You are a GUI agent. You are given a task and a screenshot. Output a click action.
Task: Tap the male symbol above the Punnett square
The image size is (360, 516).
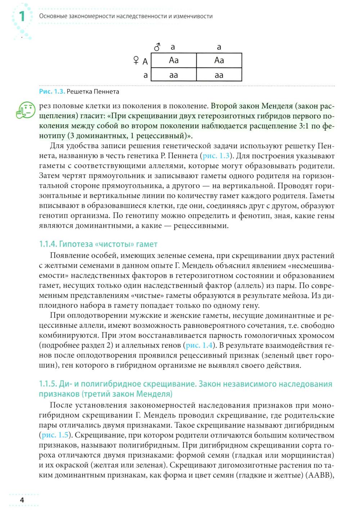point(157,47)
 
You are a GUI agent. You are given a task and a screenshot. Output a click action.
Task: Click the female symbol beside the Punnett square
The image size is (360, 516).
point(136,60)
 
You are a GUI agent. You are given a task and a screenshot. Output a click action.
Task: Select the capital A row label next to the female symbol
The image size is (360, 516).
point(145,62)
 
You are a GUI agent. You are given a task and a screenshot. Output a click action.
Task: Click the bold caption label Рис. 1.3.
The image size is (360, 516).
point(52,91)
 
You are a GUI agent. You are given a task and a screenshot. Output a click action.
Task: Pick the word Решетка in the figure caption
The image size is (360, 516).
point(80,91)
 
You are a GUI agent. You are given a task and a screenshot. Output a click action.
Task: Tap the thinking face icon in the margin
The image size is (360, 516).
point(26,110)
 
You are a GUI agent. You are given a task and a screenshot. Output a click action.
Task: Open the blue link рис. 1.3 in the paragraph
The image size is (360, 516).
point(216,156)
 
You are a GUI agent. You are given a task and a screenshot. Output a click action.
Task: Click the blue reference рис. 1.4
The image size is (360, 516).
point(199,345)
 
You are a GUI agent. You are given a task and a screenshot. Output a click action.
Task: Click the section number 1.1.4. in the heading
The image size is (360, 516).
point(48,244)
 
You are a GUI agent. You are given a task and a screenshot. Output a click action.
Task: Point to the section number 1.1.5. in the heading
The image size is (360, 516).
point(48,384)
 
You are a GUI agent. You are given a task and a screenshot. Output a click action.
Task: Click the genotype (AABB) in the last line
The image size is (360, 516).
point(318,475)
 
